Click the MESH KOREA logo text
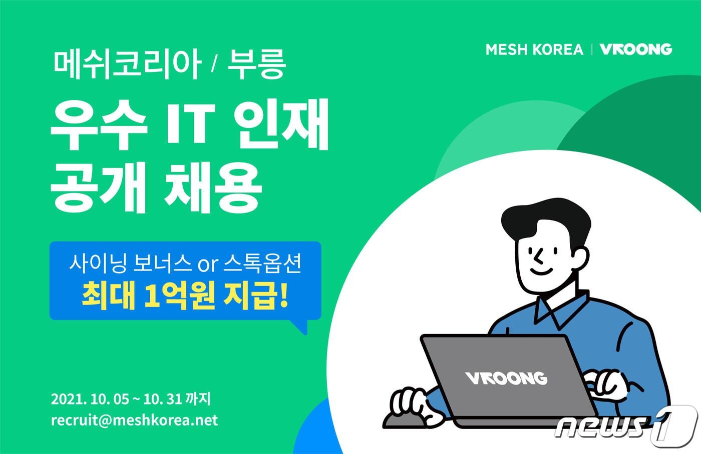(534, 49)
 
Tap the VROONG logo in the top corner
(635, 49)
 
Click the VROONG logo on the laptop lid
(506, 377)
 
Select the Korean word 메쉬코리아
(127, 65)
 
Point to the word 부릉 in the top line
(256, 65)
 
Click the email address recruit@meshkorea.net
(134, 420)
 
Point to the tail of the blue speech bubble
(300, 327)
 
